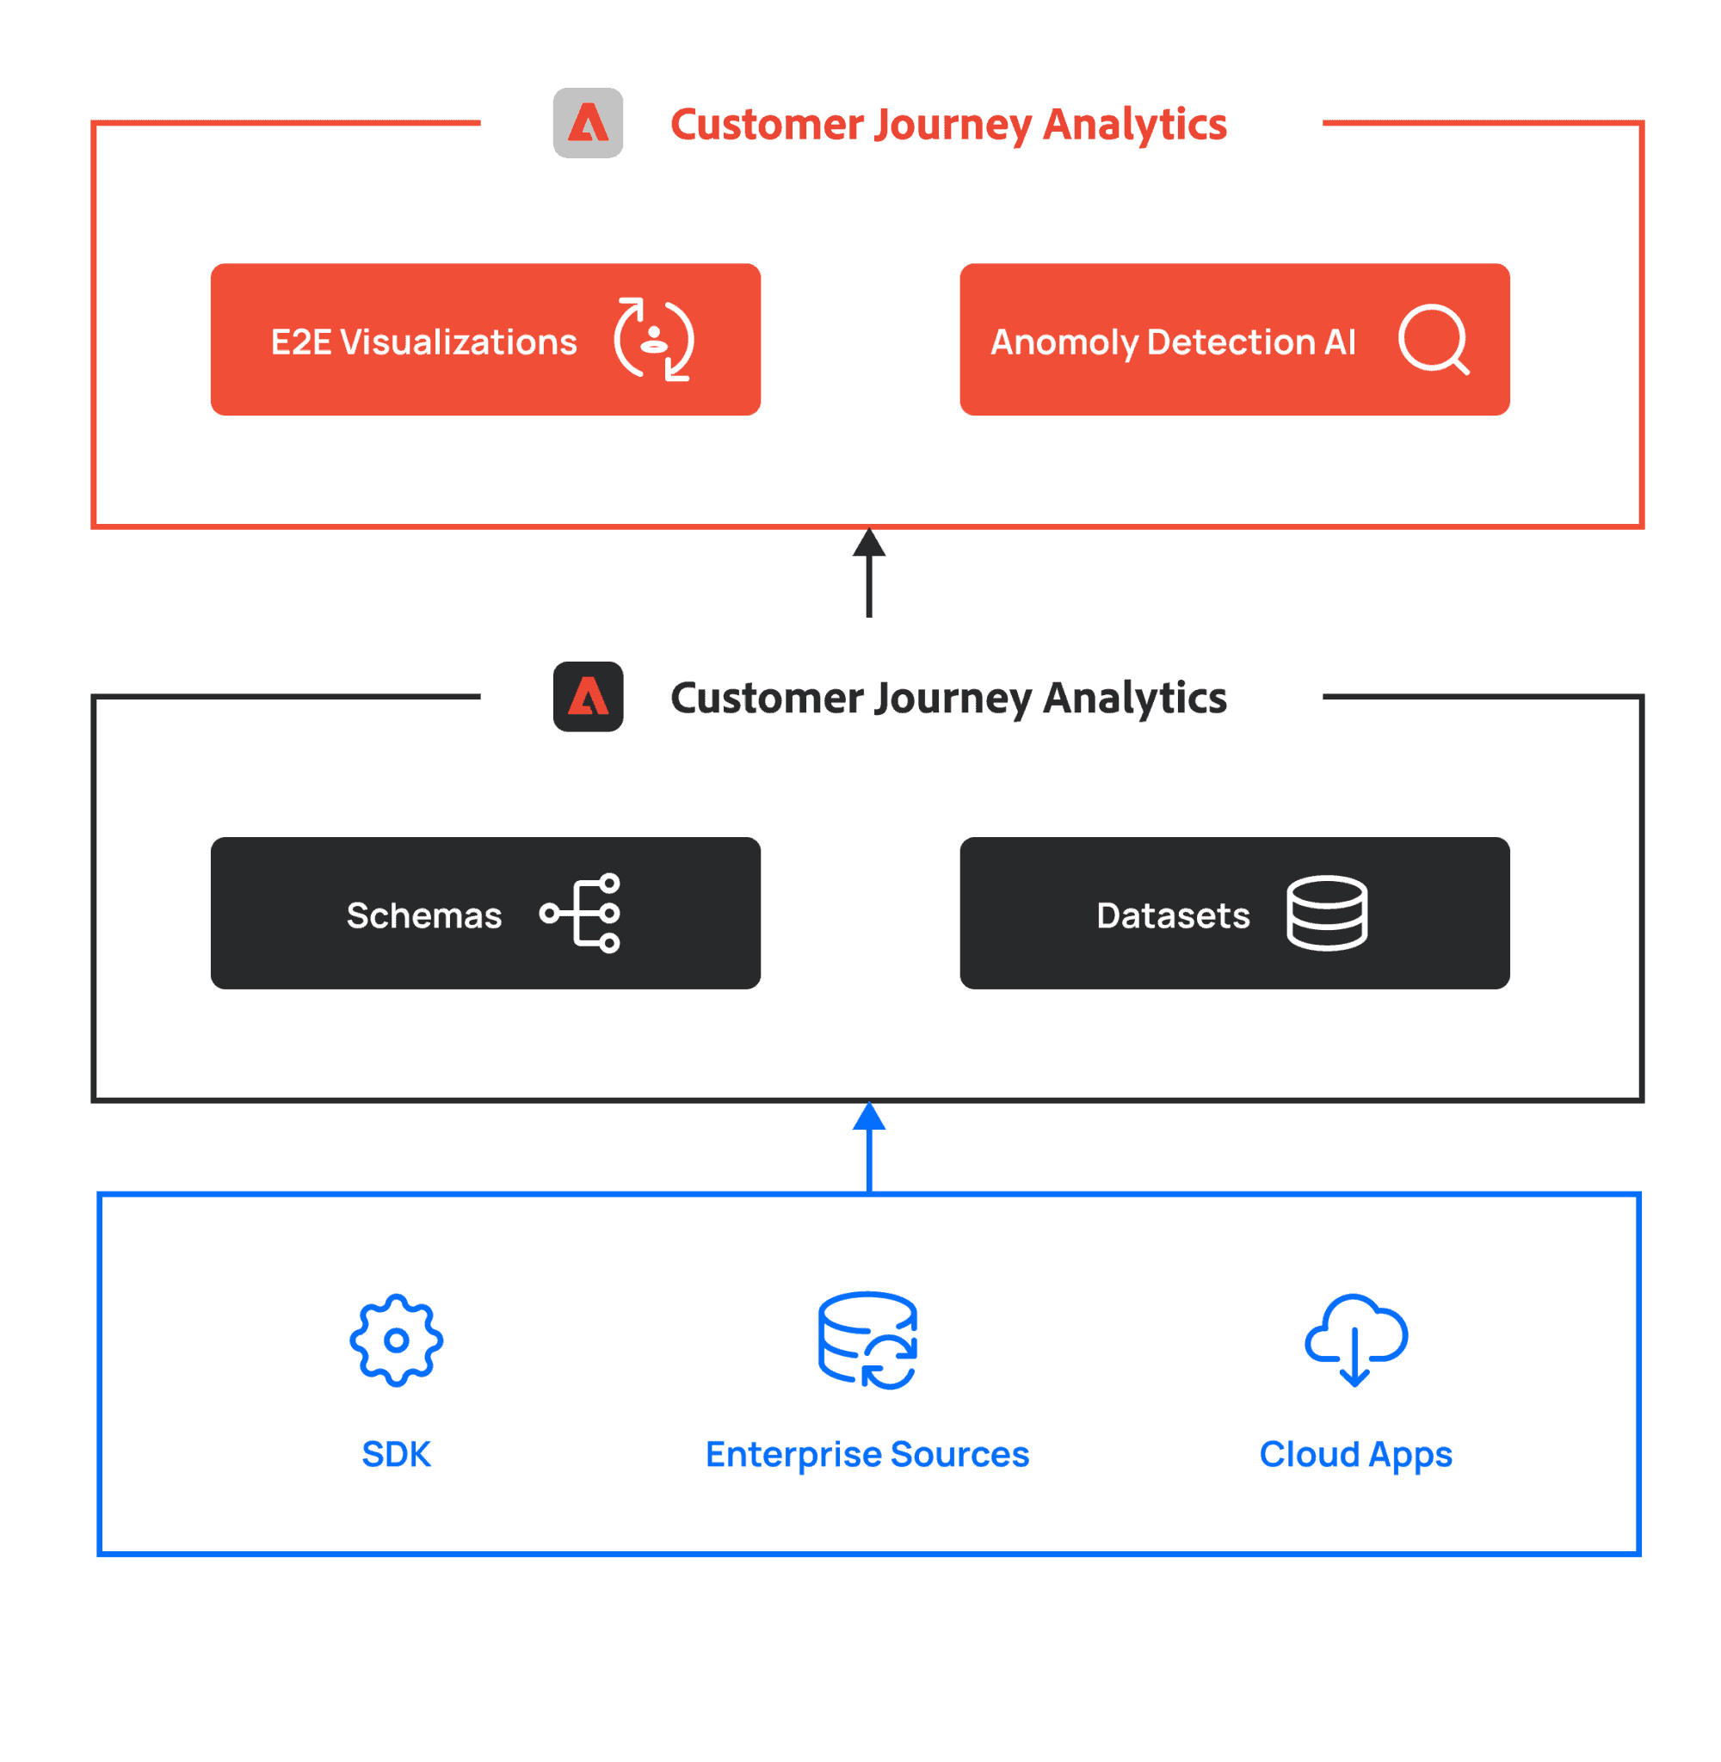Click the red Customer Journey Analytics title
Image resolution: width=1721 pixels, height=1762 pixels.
pyautogui.click(x=948, y=125)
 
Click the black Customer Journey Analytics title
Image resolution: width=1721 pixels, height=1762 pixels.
pyautogui.click(x=948, y=699)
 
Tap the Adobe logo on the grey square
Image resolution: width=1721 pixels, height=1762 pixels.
pyautogui.click(x=588, y=123)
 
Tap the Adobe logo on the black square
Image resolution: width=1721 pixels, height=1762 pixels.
pyautogui.click(x=588, y=697)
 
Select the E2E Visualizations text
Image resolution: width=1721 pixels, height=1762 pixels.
pyautogui.click(x=424, y=342)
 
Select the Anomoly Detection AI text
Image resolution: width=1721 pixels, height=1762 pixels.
pyautogui.click(x=1173, y=342)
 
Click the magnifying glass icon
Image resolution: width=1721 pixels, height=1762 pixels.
pyautogui.click(x=1434, y=340)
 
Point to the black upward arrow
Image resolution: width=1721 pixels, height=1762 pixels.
pyautogui.click(x=868, y=573)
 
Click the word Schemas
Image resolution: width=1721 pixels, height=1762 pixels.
pyautogui.click(x=424, y=916)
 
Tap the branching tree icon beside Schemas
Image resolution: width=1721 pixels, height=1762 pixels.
pyautogui.click(x=580, y=914)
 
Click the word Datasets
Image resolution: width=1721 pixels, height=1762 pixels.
pyautogui.click(x=1173, y=916)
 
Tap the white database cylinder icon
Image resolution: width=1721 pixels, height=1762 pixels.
pyautogui.click(x=1327, y=914)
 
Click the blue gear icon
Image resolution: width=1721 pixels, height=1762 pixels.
pyautogui.click(x=396, y=1341)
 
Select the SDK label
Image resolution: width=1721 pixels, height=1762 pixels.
pyautogui.click(x=396, y=1455)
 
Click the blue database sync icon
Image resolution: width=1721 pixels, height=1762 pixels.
pyautogui.click(x=867, y=1341)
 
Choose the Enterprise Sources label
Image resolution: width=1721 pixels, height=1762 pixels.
pyautogui.click(x=867, y=1455)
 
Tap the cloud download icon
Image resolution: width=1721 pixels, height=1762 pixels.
pyautogui.click(x=1356, y=1341)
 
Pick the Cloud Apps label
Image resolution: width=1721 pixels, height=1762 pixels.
pyautogui.click(x=1356, y=1455)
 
